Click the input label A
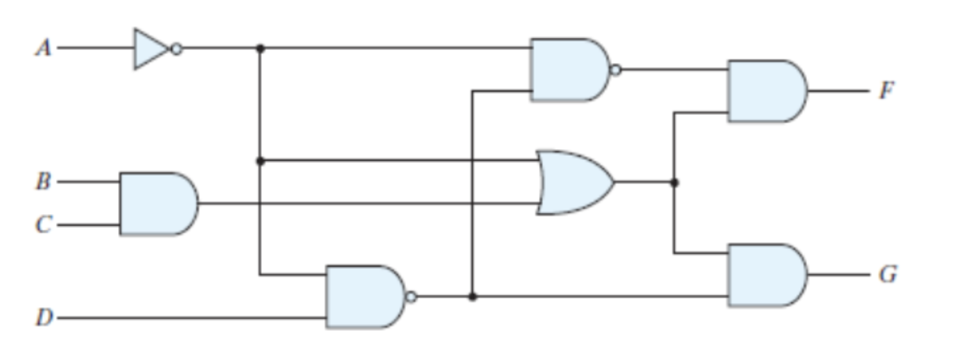coord(44,48)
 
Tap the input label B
coord(44,182)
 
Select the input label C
coord(44,225)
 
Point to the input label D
coord(44,318)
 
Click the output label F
coord(887,91)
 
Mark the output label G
coord(888,275)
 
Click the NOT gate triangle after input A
coord(150,49)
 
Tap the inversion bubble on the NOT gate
coord(177,49)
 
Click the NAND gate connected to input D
coord(364,296)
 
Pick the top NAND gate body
coord(569,70)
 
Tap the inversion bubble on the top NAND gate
coord(616,70)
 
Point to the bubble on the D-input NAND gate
coord(411,296)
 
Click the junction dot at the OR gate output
coord(674,182)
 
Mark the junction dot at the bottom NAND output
coord(472,296)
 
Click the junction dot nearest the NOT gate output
coord(260,48)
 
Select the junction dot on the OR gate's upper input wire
coord(260,161)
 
